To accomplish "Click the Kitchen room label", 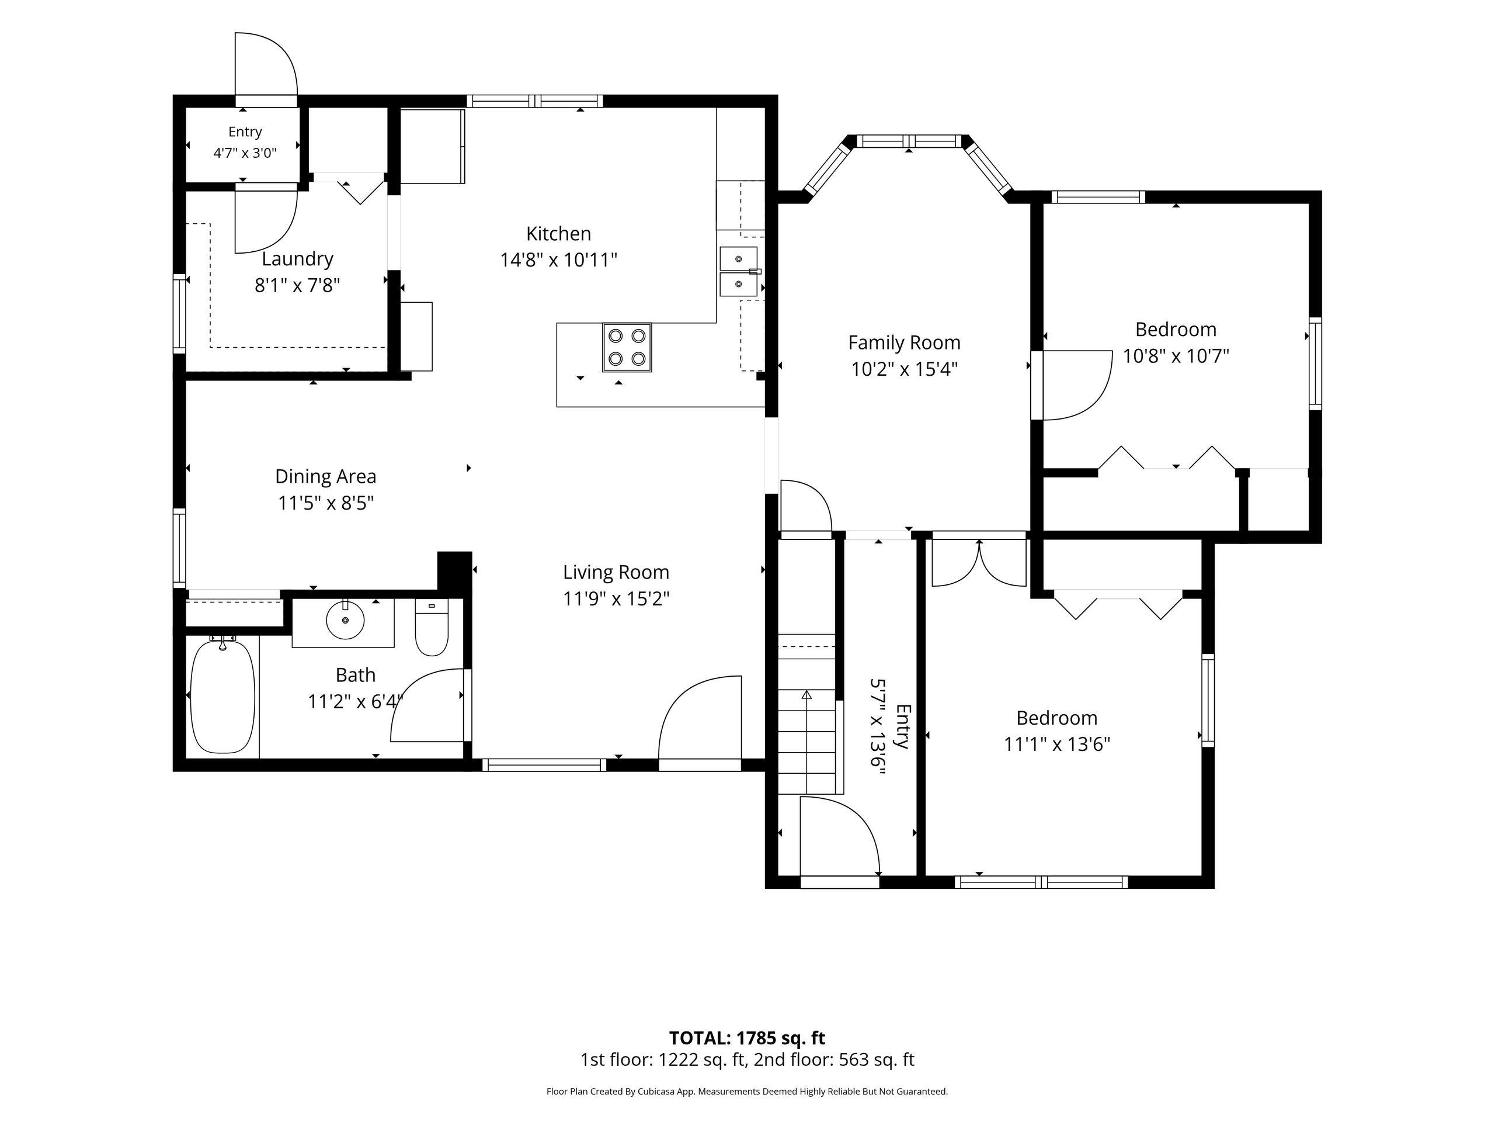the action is (558, 234).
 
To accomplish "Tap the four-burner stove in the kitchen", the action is (627, 347).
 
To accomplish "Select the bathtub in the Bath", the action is (222, 696).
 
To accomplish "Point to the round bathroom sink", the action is (345, 619).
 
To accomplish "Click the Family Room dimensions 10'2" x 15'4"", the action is (904, 369).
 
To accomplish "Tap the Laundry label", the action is (297, 259).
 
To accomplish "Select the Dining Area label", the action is (325, 477).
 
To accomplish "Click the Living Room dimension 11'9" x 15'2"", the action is (616, 599).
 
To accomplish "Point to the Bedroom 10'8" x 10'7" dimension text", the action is (1176, 356).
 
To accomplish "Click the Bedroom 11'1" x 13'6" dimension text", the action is (1057, 744).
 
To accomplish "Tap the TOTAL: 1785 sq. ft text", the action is (747, 1038).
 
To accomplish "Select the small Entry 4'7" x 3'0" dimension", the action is (245, 153).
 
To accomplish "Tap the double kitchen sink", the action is (739, 272).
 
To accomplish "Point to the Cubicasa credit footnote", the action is (747, 1092).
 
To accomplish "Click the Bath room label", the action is (356, 675).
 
